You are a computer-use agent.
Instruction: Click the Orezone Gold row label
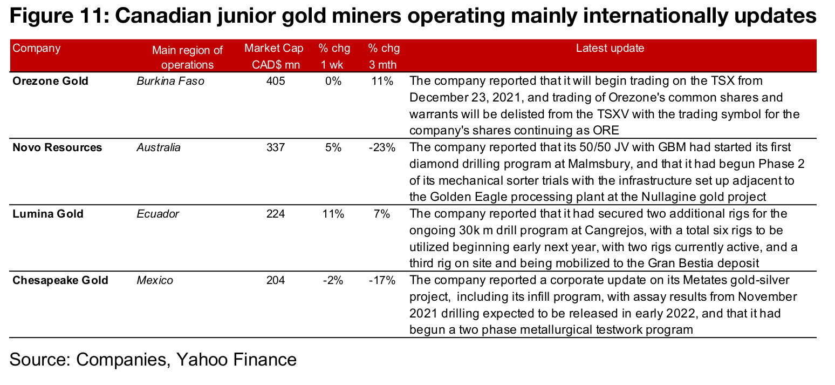50,82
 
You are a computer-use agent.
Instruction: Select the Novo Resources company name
57,148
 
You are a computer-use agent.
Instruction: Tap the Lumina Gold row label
48,214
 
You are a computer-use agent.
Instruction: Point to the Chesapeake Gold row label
60,281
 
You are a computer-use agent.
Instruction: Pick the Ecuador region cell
158,214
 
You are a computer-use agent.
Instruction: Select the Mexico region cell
155,281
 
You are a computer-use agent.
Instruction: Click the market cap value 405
275,82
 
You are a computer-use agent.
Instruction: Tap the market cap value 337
275,148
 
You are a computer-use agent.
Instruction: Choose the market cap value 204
275,281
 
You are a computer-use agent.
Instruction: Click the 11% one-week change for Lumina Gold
333,214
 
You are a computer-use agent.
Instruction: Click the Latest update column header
610,49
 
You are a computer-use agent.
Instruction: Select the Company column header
37,49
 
